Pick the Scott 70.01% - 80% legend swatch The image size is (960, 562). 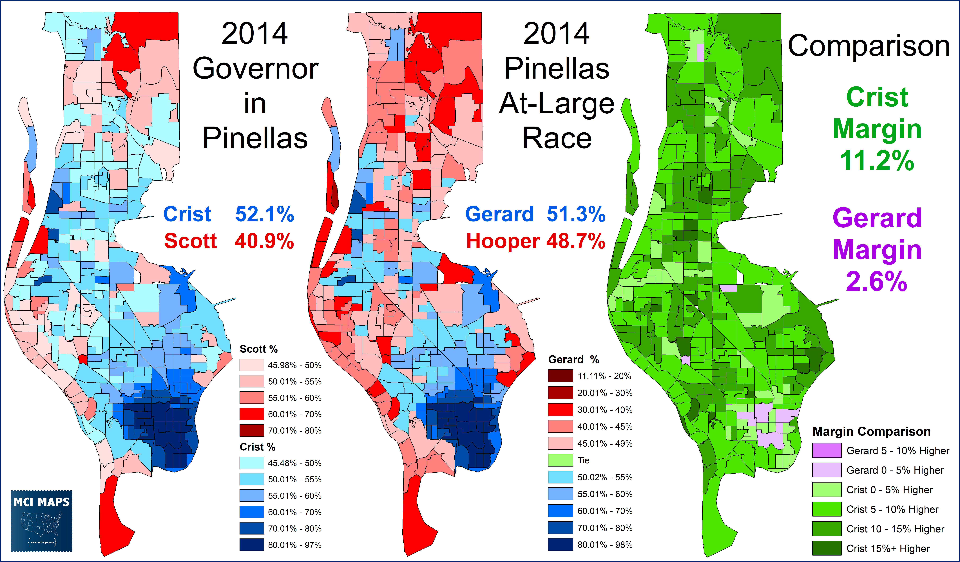tap(251, 430)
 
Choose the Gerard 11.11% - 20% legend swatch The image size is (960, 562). tap(560, 376)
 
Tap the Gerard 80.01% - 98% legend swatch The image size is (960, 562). tap(560, 545)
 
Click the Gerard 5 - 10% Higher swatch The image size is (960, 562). tap(827, 451)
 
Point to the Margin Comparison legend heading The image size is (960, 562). tap(872, 431)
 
